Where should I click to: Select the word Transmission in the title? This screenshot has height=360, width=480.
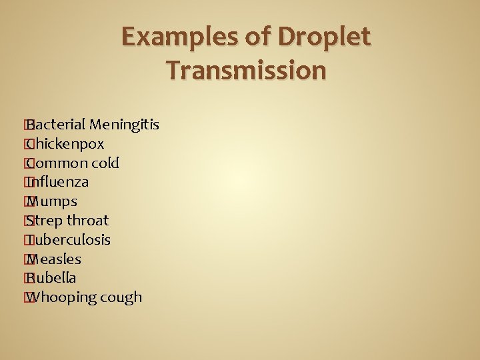pos(247,70)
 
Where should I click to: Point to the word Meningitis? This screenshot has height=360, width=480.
pos(125,125)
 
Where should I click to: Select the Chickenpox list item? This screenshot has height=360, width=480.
pos(65,144)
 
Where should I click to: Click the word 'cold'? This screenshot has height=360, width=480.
pos(104,163)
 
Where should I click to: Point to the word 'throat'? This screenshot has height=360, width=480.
pos(87,221)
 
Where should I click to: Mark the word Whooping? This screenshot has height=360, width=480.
pos(63,297)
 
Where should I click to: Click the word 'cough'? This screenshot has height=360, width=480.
pos(122,297)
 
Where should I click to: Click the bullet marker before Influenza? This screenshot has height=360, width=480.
pos(27,182)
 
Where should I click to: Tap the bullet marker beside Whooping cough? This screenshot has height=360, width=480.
pos(27,297)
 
